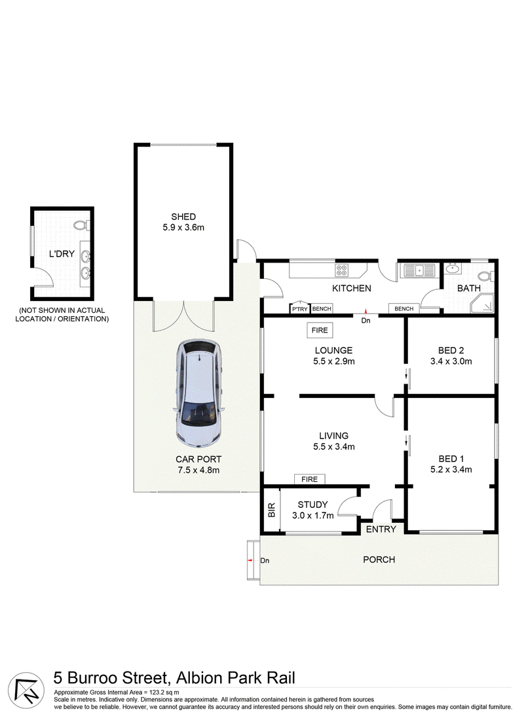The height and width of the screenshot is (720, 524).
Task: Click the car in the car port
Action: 200,393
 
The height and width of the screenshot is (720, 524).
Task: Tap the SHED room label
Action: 183,217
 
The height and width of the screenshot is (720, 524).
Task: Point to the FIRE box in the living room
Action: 309,479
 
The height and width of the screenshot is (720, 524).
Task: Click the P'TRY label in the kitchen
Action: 299,309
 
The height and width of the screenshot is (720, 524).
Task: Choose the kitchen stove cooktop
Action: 342,269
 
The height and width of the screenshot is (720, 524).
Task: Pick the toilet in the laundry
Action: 81,226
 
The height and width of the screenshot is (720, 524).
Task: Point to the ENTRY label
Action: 381,529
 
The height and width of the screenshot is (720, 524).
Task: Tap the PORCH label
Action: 379,559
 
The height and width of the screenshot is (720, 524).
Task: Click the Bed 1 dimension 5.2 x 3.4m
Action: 451,469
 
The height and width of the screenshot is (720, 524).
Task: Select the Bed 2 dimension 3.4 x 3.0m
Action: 451,361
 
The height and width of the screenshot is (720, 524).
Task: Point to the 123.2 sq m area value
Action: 164,692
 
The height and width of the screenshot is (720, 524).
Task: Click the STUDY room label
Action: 312,505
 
